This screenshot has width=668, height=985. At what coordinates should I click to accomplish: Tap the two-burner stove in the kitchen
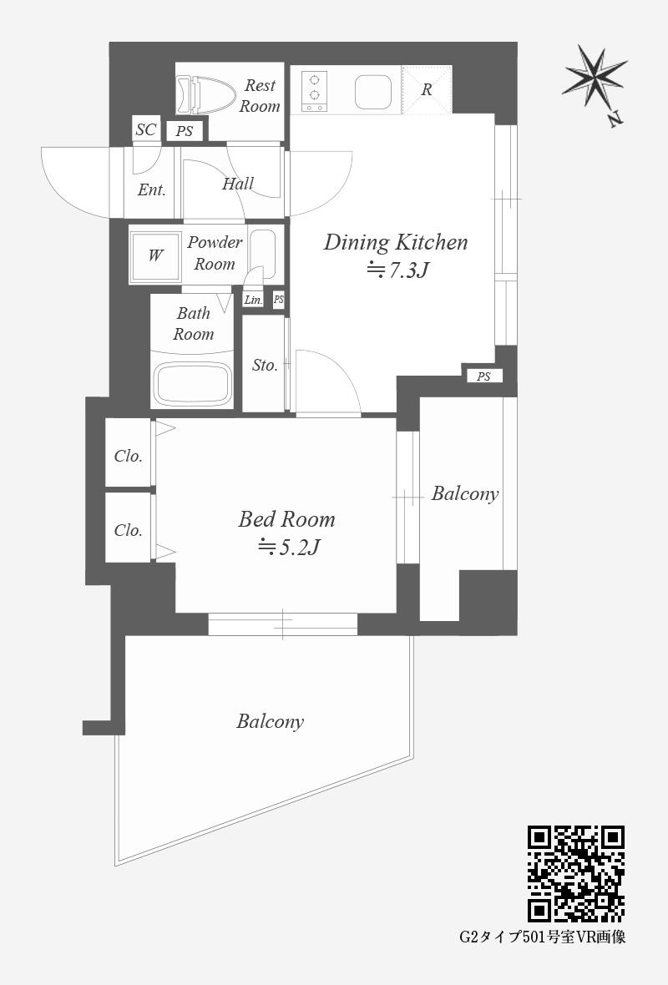click(x=314, y=91)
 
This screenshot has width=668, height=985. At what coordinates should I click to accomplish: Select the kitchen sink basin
click(x=373, y=92)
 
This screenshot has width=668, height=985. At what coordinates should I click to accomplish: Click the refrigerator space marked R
click(x=427, y=90)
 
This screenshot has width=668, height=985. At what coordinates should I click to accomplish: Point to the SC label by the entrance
click(x=146, y=129)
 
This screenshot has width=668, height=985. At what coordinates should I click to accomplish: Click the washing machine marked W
click(x=154, y=255)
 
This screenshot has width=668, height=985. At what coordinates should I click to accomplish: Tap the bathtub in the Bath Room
click(x=192, y=383)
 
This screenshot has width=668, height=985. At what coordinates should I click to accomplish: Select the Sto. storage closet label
click(x=265, y=365)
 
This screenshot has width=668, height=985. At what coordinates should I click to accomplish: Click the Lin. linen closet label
click(x=253, y=300)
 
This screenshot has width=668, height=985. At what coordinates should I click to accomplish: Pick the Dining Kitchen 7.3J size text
click(x=397, y=270)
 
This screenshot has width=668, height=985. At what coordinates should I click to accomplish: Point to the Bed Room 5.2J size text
click(x=289, y=547)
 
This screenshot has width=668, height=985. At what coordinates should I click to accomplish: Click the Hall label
click(x=237, y=184)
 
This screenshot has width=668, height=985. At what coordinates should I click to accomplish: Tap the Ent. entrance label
click(x=151, y=189)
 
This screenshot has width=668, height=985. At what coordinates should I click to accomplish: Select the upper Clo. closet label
click(x=129, y=456)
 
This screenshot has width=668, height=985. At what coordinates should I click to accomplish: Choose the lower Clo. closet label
click(x=129, y=530)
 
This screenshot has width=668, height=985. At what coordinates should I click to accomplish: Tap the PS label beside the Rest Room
click(x=185, y=131)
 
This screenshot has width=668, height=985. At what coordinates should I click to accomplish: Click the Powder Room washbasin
click(x=262, y=254)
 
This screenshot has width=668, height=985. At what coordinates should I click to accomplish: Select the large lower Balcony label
click(x=271, y=721)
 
